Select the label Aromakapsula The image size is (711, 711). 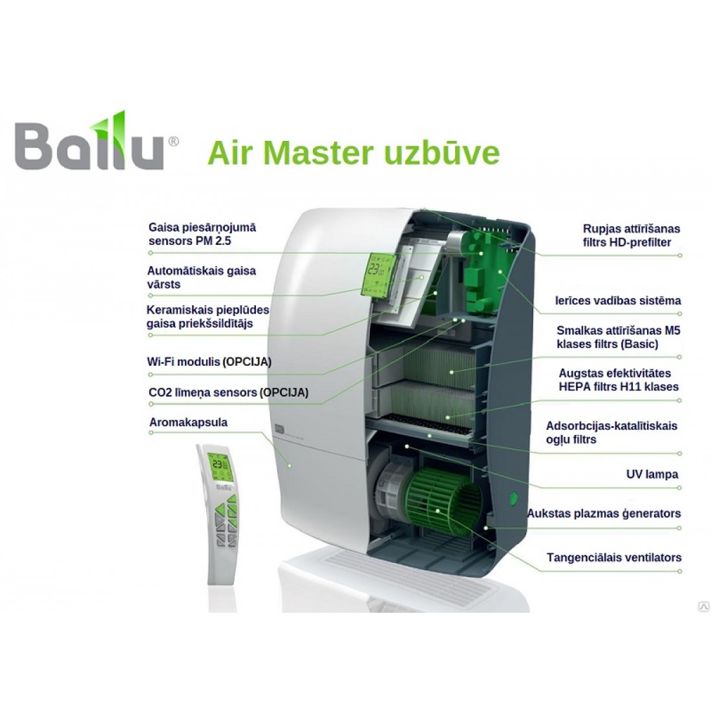pyautogui.click(x=187, y=423)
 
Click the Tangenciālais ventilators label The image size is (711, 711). pyautogui.click(x=613, y=557)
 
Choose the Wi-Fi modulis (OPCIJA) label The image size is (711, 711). pyautogui.click(x=209, y=361)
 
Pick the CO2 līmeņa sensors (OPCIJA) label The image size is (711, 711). pyautogui.click(x=228, y=392)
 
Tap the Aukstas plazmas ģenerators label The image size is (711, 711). pyautogui.click(x=604, y=514)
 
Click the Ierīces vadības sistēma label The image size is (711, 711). pyautogui.click(x=618, y=301)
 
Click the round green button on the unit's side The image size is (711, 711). pyautogui.click(x=514, y=499)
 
